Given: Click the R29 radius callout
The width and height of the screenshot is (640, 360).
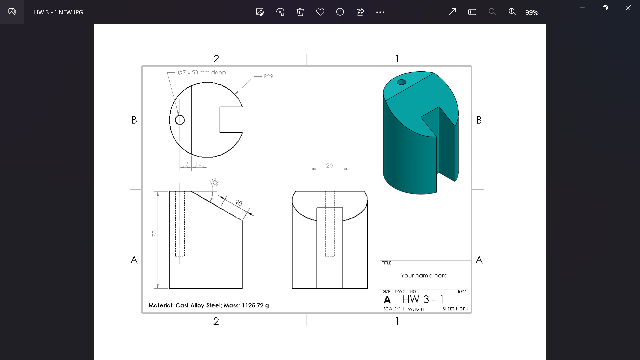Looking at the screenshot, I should click(x=268, y=76).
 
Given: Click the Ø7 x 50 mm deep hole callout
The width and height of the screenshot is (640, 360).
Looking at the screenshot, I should click(x=202, y=72).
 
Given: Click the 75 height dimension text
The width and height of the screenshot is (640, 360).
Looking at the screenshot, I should click(x=154, y=233).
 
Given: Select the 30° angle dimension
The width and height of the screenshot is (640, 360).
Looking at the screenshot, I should click(x=215, y=182).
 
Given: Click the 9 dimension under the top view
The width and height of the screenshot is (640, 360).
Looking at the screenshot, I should click(x=187, y=164).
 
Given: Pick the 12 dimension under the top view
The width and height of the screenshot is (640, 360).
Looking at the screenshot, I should click(x=198, y=164).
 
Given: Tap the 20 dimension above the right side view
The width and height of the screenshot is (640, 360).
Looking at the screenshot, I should click(x=329, y=165).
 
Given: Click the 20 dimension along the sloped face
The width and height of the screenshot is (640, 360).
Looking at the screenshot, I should click(x=238, y=202).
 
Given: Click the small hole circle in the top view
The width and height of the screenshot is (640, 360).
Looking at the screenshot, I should click(x=180, y=120).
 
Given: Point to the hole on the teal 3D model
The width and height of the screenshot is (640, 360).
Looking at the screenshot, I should click(x=401, y=82).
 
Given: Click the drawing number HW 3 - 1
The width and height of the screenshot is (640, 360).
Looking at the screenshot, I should click(x=423, y=299).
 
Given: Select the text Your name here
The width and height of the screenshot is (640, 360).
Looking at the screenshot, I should click(x=424, y=275).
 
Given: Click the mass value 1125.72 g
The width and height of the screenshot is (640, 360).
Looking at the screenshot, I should click(x=255, y=305).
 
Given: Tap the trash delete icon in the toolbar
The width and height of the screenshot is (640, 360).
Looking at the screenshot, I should click(x=300, y=12).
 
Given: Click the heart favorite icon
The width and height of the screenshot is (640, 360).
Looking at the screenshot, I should click(x=320, y=12).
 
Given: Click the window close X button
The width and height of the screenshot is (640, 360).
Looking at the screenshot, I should click(x=628, y=8).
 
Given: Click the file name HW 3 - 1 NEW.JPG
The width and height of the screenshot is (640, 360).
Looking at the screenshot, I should click(x=58, y=12).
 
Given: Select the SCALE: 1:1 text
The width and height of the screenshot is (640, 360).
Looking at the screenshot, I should click(x=393, y=309).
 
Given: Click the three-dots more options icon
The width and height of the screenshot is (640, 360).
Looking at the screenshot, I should click(x=380, y=12).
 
